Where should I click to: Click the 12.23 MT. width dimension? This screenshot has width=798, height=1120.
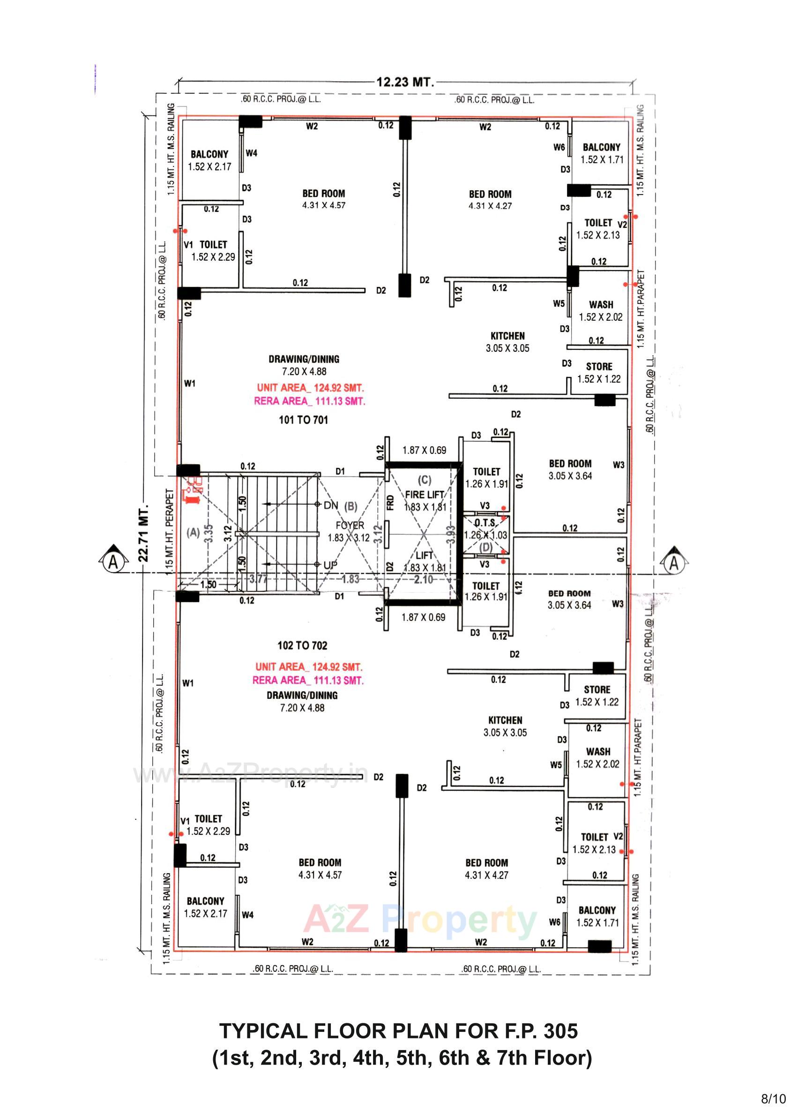405,82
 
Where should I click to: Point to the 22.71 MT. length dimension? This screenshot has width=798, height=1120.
143,532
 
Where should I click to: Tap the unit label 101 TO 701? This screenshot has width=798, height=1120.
303,420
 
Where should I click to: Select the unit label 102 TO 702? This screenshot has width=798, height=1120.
302,645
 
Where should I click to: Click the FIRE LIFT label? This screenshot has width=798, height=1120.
425,494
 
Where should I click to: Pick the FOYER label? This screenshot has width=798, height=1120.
350,525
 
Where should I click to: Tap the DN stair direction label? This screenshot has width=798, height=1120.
331,505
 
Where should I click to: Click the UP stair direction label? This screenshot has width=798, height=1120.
330,565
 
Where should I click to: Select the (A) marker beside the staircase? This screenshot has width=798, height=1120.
194,532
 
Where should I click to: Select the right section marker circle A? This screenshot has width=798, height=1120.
674,562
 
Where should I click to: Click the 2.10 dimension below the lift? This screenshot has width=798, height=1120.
424,579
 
